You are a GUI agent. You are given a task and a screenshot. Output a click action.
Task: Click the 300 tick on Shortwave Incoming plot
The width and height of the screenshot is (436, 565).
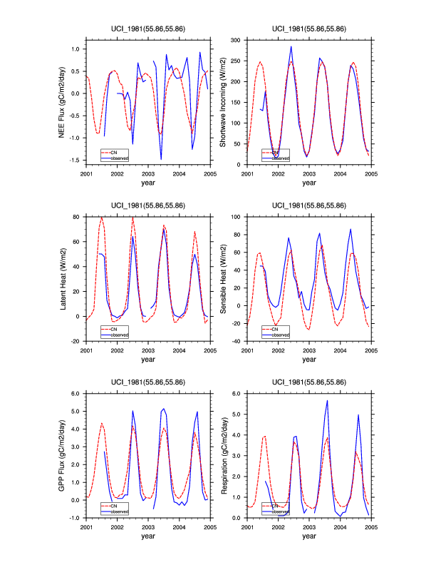coord(237,41)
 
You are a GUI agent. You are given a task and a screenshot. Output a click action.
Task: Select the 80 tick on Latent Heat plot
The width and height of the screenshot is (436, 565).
coord(78,215)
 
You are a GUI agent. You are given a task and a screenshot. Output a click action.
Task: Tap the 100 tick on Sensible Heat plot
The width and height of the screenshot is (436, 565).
coord(237,215)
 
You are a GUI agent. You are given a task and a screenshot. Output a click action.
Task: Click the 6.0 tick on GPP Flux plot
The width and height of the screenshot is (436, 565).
coord(77,393)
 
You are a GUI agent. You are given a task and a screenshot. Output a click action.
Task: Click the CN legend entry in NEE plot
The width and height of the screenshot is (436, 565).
coord(113,152)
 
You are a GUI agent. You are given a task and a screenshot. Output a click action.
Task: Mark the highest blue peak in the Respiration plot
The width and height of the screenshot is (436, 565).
coord(327,400)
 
